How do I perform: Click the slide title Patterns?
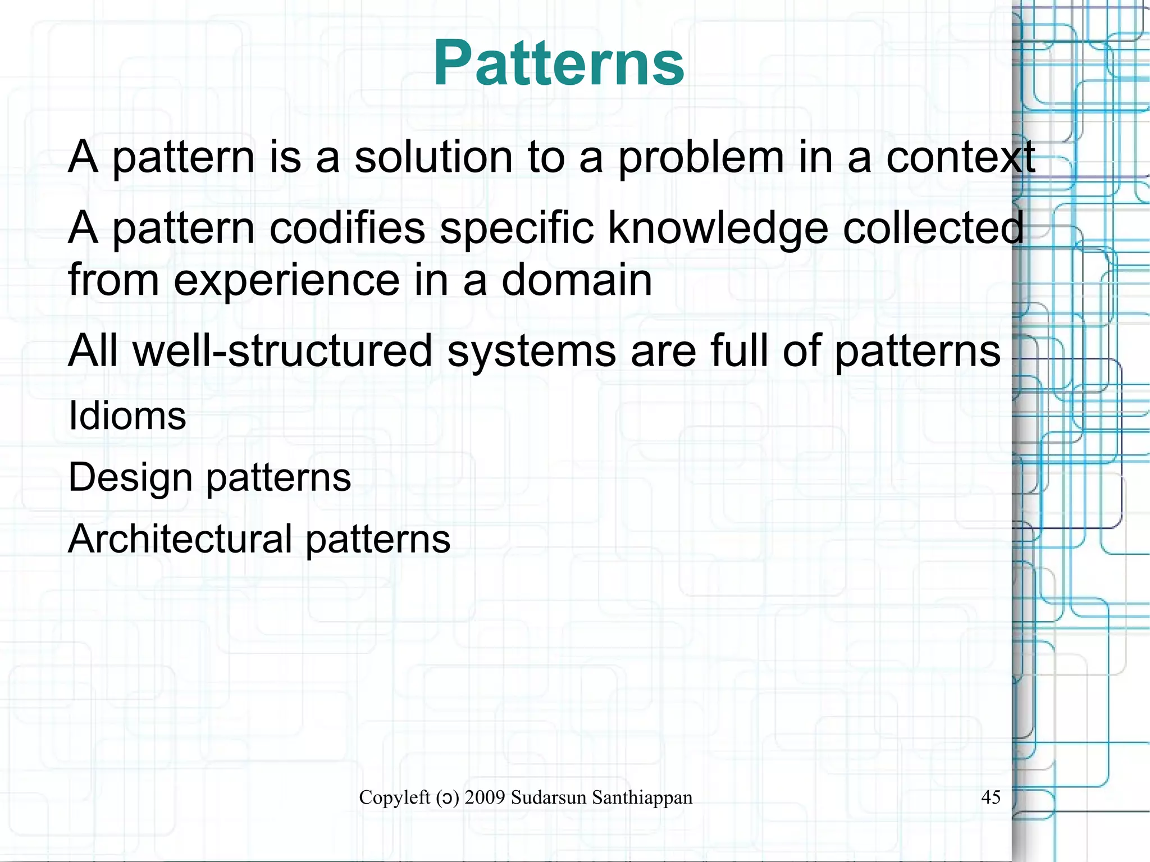[559, 63]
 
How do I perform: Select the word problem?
[701, 157]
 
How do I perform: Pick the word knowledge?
[718, 229]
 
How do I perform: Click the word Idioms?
[127, 416]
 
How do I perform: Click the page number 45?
[991, 797]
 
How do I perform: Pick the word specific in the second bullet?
[517, 229]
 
